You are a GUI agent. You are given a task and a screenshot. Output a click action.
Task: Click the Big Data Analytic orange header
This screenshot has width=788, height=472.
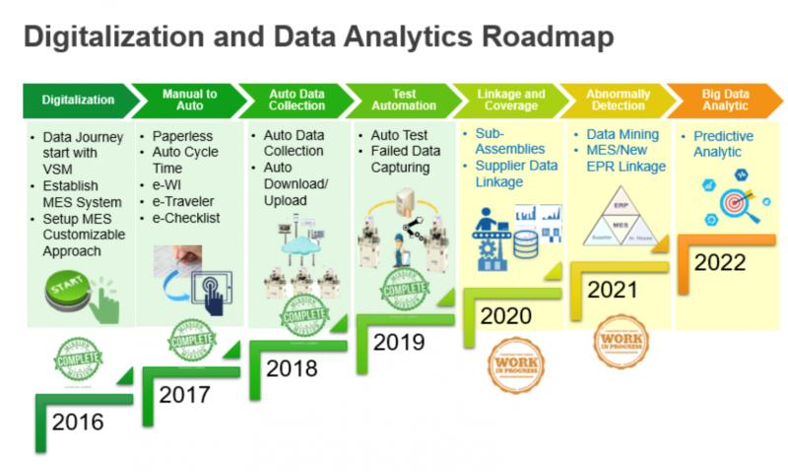coord(724,100)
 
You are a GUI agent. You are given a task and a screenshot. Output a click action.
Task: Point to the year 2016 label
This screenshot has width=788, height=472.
coord(78,423)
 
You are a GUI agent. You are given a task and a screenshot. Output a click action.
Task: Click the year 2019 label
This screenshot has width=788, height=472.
coord(399,342)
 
